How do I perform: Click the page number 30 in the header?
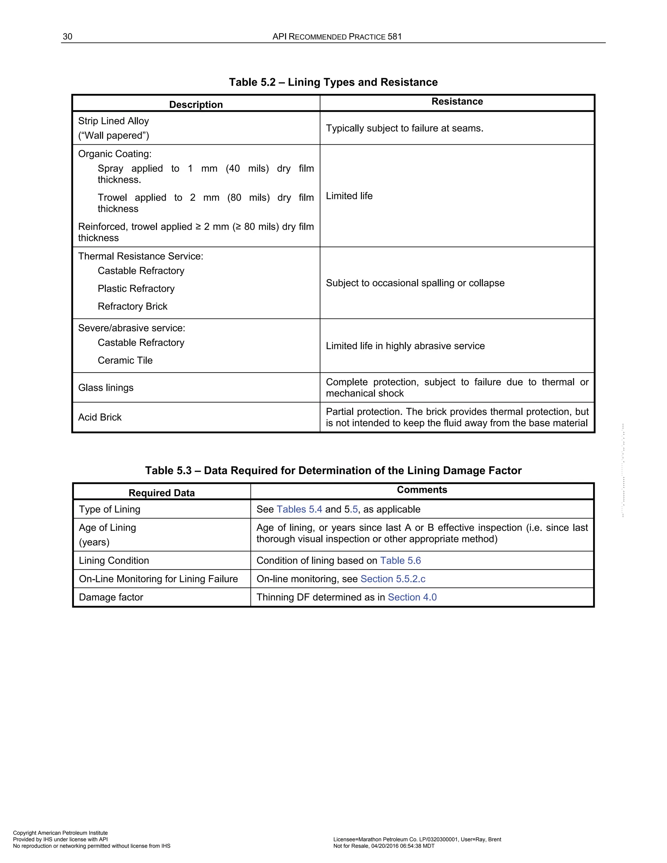pos(67,37)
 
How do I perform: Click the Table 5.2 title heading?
pos(333,82)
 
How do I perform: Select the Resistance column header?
pos(457,102)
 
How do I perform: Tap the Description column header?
pos(196,105)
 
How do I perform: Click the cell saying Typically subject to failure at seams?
pos(404,128)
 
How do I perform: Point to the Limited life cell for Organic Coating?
pos(349,196)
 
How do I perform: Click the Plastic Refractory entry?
pos(136,289)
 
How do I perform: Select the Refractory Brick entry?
pos(132,307)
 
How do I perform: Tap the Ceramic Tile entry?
pos(125,361)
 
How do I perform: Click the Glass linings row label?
pos(106,388)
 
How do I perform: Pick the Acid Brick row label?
pos(100,417)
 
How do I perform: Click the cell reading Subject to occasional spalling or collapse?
pos(415,283)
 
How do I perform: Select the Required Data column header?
pos(162,493)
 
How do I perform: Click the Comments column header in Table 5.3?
pos(422,490)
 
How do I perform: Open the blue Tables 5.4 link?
pos(299,509)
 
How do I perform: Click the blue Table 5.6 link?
pos(400,561)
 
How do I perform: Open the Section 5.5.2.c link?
pos(393,579)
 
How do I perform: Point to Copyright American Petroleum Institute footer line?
pos(60,833)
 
